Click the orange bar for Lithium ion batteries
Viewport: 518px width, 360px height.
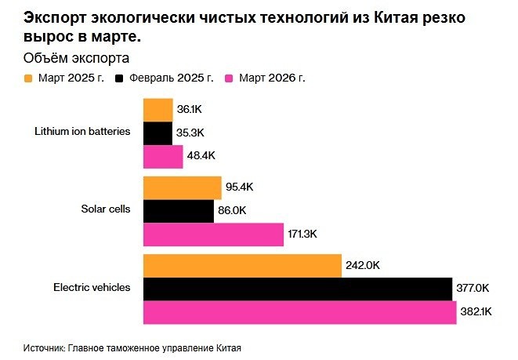(158, 110)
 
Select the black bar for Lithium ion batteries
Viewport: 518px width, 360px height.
(158, 133)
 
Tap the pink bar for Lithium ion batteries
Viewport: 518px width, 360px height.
(162, 157)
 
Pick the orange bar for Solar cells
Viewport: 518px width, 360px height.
(182, 187)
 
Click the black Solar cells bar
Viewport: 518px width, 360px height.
(178, 211)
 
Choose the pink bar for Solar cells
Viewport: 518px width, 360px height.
(212, 235)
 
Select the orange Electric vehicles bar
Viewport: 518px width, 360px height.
(242, 265)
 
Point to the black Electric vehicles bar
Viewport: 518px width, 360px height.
(297, 288)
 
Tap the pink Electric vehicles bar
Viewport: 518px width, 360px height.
(299, 311)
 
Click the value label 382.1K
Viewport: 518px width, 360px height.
(476, 312)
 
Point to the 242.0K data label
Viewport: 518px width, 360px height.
(363, 266)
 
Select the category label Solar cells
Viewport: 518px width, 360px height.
(105, 209)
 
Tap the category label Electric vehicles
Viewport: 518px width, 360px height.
(92, 288)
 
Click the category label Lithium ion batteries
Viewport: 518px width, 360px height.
(82, 131)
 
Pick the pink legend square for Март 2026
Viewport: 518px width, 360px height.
(230, 78)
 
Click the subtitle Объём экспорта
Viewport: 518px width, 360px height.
(77, 58)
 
